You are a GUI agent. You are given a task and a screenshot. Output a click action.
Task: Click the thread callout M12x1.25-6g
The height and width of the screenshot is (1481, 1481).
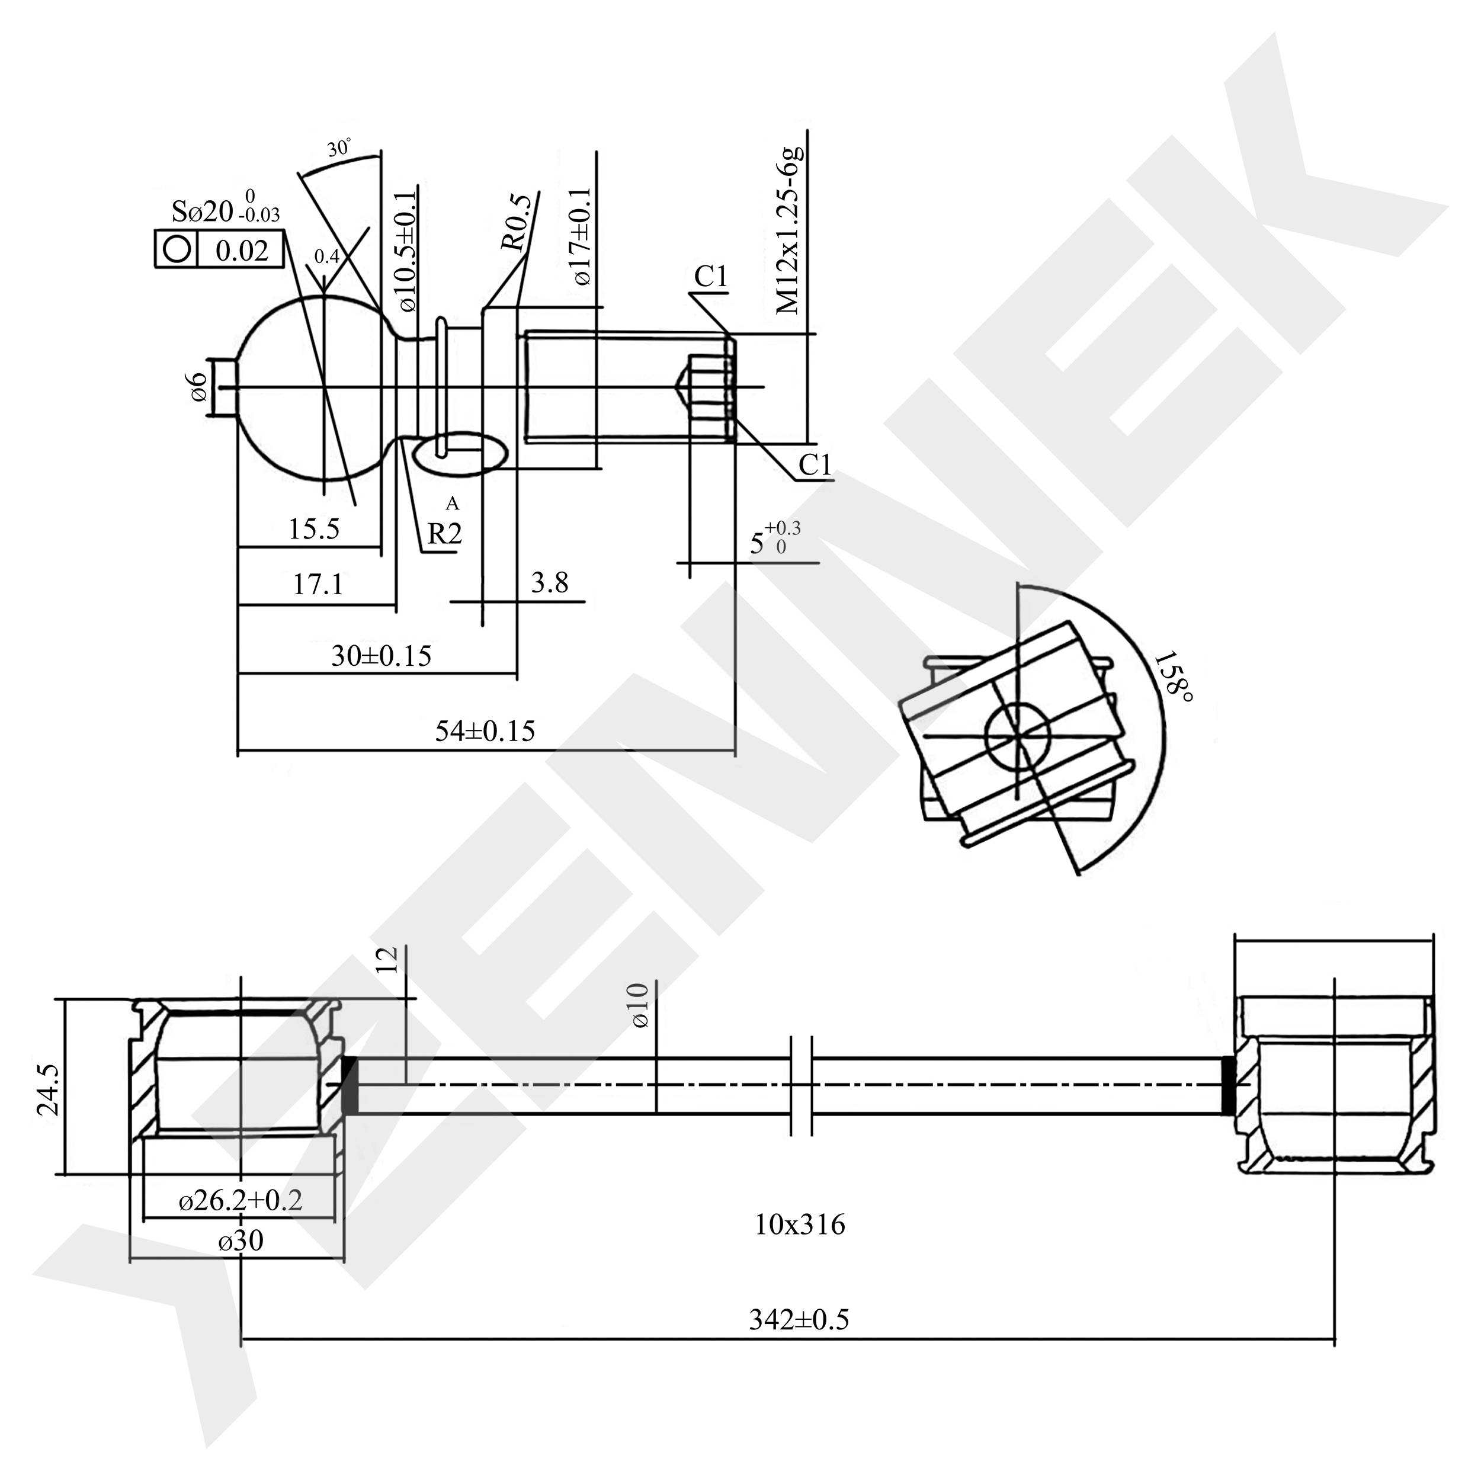[789, 229]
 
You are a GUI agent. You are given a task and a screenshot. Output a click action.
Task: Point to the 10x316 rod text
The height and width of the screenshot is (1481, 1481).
[800, 1225]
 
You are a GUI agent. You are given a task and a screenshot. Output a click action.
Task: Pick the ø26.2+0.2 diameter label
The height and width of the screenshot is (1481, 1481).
[240, 1200]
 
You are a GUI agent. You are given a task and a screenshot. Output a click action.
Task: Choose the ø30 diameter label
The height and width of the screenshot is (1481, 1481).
[240, 1240]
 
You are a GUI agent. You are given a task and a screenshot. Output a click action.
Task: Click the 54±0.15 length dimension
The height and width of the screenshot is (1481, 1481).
[485, 730]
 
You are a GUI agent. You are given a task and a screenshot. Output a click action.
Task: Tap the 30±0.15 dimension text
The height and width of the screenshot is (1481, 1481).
[381, 655]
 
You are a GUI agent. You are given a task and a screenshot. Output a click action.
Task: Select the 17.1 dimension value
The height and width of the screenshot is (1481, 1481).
[318, 585]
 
